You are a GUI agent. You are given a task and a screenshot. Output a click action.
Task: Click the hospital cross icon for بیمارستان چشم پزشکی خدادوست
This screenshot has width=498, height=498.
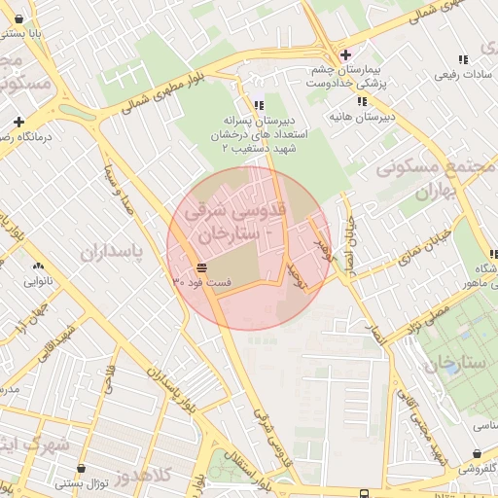tap(345, 53)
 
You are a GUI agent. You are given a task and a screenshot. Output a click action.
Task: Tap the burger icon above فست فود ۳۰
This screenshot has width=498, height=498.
tap(200, 267)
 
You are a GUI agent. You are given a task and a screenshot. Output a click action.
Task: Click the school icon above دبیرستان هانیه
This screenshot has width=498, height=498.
tap(362, 101)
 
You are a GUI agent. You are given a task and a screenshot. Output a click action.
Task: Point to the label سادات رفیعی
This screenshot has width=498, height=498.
tap(466, 74)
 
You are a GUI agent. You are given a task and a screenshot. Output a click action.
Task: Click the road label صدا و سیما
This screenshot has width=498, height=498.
tap(116, 191)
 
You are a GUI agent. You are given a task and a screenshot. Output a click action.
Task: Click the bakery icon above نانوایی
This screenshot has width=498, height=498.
tap(38, 266)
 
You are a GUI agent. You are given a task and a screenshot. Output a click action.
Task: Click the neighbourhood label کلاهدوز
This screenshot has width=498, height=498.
tap(143, 478)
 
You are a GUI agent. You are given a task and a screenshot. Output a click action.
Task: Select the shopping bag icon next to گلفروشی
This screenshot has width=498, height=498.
tap(477, 452)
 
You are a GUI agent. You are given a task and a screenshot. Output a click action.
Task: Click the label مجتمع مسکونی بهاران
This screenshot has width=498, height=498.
tap(437, 180)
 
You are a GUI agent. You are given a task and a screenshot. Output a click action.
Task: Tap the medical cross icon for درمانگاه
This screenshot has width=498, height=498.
tap(18, 122)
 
